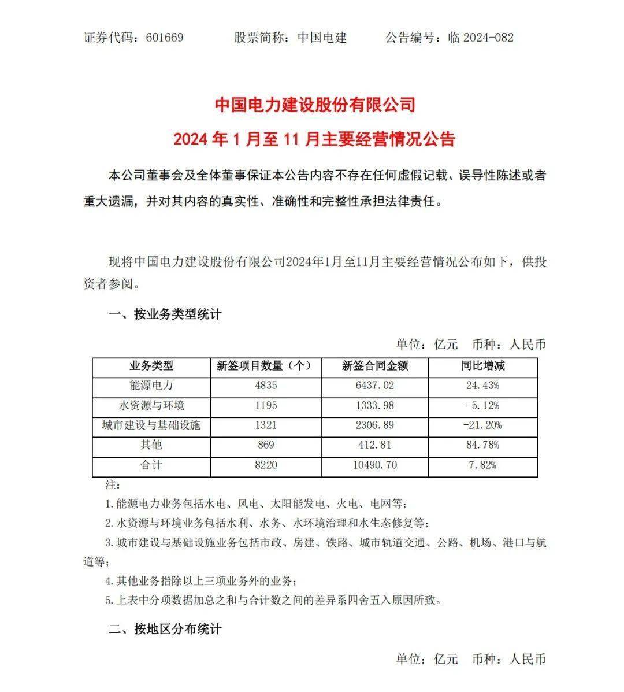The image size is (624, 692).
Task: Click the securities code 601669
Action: tap(165, 38)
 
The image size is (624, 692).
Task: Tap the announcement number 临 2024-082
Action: tap(481, 38)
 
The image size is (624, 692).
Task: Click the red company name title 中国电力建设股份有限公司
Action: tap(315, 105)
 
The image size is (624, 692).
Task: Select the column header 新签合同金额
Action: tap(375, 366)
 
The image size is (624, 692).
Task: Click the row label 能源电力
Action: tap(151, 386)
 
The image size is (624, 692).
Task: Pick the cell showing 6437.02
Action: tap(375, 386)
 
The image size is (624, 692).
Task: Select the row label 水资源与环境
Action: tap(151, 405)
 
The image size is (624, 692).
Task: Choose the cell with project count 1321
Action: tap(264, 425)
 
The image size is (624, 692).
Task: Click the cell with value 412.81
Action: tap(375, 445)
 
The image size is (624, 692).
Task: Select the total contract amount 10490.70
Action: tap(375, 465)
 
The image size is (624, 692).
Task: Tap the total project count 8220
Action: tap(264, 465)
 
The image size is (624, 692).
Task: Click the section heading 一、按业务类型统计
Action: tap(165, 315)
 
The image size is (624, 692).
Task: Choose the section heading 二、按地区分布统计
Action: tap(165, 629)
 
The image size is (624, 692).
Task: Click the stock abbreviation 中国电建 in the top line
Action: tap(322, 38)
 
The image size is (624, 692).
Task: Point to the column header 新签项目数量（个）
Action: tap(264, 366)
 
